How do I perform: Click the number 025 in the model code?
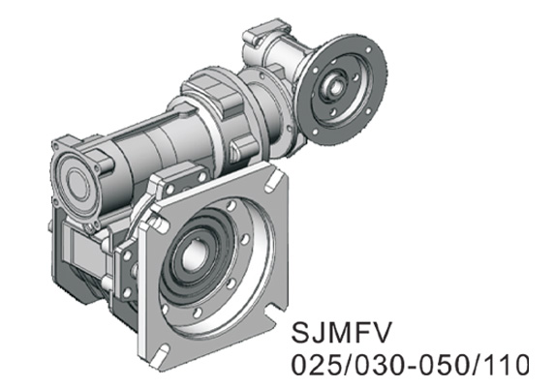pyautogui.click(x=321, y=367)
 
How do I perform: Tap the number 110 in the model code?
pyautogui.click(x=504, y=367)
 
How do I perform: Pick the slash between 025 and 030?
pyautogui.click(x=350, y=367)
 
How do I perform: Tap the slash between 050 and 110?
pyautogui.click(x=472, y=367)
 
